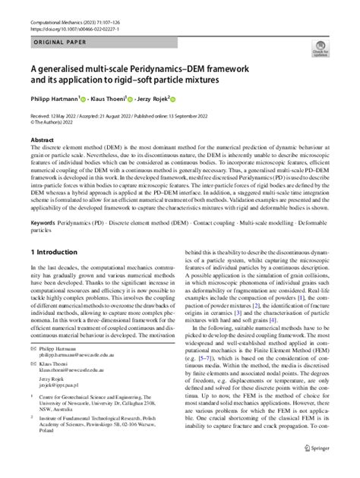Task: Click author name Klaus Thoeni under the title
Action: click(123, 98)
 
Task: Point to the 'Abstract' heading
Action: click(42, 140)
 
